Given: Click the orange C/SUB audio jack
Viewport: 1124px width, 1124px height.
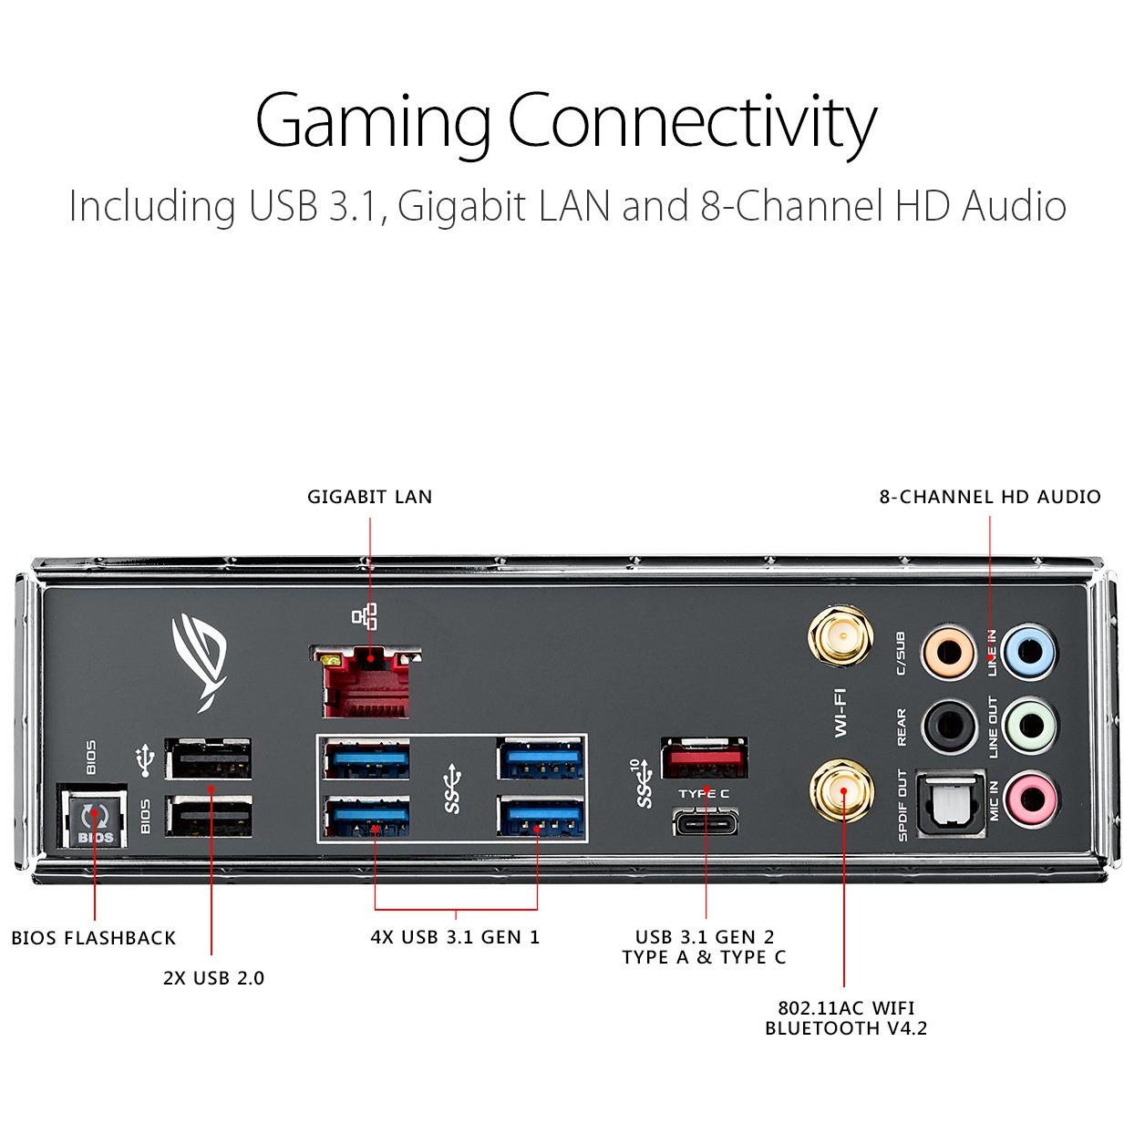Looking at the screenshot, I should click(x=944, y=652).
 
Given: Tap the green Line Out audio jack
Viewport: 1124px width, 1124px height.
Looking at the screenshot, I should click(x=1028, y=726).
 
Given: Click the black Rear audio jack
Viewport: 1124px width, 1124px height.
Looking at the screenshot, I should click(x=944, y=726).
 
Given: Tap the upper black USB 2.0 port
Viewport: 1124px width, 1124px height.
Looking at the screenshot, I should click(x=209, y=758).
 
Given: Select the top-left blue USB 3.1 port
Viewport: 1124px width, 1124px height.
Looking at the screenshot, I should click(x=366, y=758).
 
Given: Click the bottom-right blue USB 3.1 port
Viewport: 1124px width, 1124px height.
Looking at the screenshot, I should click(x=540, y=817).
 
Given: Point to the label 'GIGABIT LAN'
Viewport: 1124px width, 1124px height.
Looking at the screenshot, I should click(x=369, y=497).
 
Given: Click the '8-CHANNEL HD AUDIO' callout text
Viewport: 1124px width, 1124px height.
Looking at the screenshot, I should click(x=989, y=497).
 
